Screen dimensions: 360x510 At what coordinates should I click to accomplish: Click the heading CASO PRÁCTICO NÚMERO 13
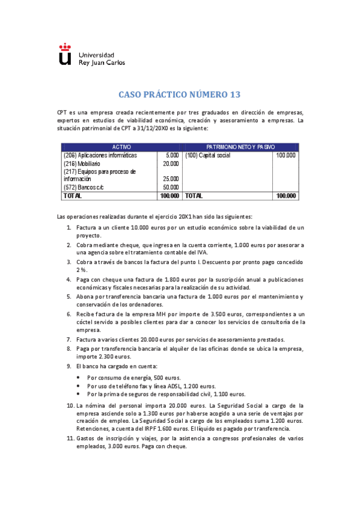coord(180,94)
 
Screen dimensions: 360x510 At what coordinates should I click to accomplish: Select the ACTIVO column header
coord(121,147)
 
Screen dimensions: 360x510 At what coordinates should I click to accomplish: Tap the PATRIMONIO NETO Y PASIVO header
coord(240,147)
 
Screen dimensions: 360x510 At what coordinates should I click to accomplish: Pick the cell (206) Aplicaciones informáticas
coord(100,155)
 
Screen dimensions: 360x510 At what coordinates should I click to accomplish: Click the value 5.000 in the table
coord(172,155)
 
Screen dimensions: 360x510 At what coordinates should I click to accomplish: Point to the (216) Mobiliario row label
coord(82,164)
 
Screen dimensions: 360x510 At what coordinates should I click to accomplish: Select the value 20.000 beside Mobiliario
coord(171,164)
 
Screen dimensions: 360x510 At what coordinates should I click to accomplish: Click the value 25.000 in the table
coord(171,179)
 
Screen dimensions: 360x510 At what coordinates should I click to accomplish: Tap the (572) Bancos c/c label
coord(84,188)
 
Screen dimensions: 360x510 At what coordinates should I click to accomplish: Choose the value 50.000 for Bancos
coord(171,188)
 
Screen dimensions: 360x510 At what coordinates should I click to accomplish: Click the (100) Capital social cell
coord(207,155)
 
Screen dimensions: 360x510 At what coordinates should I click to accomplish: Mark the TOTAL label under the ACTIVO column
coord(72,196)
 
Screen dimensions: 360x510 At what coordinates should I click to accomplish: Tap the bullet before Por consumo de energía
coord(80,378)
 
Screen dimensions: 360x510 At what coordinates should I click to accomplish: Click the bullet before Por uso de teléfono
coord(80,386)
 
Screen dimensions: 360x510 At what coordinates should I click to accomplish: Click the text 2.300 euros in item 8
coord(92,357)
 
